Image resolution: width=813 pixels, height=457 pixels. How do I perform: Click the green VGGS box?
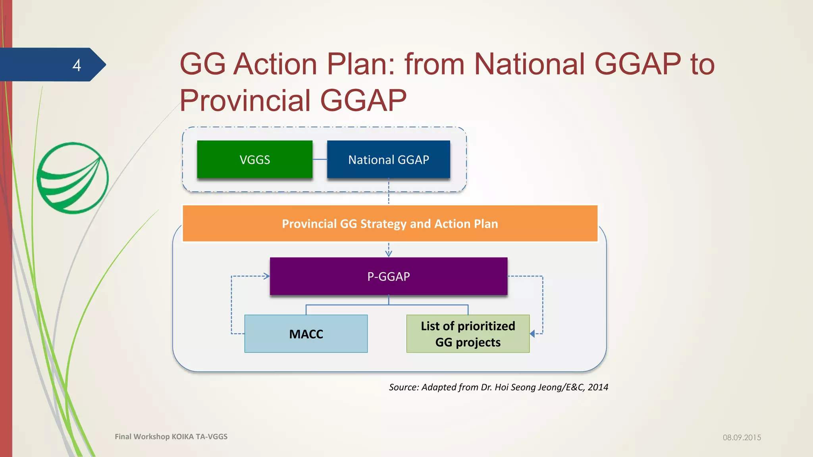(x=254, y=159)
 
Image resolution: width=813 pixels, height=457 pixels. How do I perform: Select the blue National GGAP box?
(x=388, y=159)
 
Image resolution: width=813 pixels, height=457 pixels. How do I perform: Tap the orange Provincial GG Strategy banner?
(x=389, y=224)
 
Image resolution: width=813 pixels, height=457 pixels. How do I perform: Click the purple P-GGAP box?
(x=388, y=277)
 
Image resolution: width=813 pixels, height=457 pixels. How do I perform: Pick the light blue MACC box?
(x=306, y=334)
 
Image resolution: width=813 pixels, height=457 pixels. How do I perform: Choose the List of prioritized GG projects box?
(x=468, y=334)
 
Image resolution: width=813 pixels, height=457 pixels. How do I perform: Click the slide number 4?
(x=77, y=65)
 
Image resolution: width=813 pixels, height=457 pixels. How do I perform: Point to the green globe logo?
(x=73, y=178)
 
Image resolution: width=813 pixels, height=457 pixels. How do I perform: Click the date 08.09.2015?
(x=742, y=438)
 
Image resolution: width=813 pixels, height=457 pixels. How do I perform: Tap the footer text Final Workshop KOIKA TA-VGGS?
(x=171, y=437)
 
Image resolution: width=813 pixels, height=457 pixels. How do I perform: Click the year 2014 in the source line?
(x=598, y=387)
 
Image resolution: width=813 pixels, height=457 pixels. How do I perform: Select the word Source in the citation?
(x=403, y=387)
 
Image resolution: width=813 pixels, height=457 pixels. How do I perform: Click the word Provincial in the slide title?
(x=245, y=100)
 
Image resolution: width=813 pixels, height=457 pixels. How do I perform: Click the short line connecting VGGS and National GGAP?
(x=320, y=159)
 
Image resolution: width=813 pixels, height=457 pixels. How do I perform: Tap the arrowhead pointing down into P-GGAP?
(x=389, y=253)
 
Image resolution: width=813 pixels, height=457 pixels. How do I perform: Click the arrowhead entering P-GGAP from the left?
(x=266, y=276)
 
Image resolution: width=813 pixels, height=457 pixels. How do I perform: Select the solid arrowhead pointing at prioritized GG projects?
(x=533, y=334)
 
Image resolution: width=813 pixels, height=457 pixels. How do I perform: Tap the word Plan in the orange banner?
(x=485, y=224)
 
